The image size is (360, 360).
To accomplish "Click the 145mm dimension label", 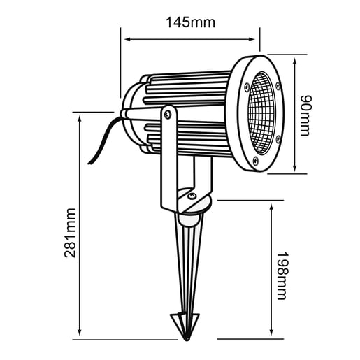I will click(190, 22).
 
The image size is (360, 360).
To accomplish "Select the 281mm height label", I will click(71, 232).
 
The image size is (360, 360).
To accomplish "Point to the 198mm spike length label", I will click(282, 275).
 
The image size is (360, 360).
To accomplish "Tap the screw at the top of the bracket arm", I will click(168, 112).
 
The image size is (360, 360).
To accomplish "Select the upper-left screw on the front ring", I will click(247, 86).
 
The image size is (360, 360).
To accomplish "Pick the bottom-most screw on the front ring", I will click(255, 162).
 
